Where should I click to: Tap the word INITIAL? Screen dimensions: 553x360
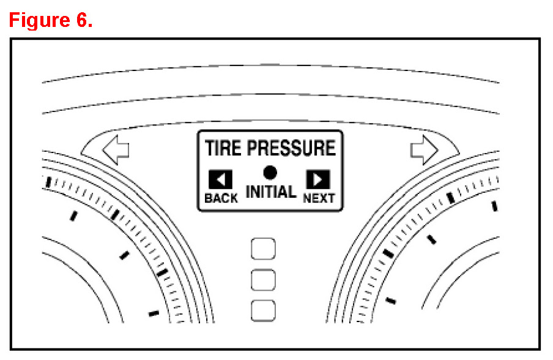271,192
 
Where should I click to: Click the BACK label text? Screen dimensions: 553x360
221,198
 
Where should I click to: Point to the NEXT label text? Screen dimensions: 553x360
319,198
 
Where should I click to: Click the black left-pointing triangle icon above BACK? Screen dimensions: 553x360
220,179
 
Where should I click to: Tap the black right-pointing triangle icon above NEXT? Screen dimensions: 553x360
318,179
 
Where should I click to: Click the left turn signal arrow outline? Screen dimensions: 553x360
116,150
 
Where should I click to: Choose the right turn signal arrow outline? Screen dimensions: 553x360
423,150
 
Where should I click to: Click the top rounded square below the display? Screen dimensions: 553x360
264,249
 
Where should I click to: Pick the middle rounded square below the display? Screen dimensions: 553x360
264,280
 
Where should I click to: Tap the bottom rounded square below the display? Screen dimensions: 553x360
264,310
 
